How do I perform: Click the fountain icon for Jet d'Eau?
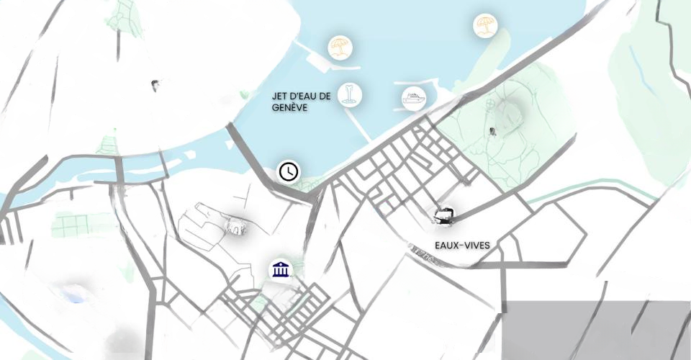coord(350,95)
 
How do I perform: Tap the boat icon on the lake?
coord(413,97)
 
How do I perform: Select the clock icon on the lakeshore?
coord(289,171)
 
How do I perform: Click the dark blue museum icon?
coord(280,270)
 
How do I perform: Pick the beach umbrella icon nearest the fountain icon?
coord(339,48)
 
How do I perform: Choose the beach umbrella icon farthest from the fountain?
coord(485,27)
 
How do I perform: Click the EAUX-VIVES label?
coord(462,246)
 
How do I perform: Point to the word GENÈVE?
coord(290,107)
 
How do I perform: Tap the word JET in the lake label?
coord(279,96)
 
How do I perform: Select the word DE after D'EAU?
coord(325,96)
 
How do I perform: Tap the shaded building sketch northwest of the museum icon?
coord(236,228)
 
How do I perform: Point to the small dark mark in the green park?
coord(492,131)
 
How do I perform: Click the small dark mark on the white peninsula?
coord(155,85)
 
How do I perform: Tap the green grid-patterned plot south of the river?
coord(70,225)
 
